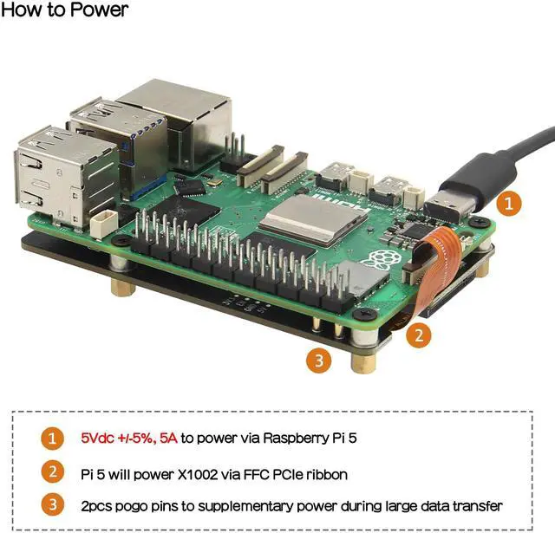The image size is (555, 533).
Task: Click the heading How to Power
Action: click(65, 11)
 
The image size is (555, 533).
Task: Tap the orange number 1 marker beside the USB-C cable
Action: click(512, 205)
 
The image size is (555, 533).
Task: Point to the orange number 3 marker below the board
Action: click(320, 360)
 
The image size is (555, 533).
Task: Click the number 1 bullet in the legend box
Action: click(55, 439)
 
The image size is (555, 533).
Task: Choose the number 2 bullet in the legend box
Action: click(55, 472)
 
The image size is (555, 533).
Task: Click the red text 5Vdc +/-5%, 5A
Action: click(128, 439)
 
